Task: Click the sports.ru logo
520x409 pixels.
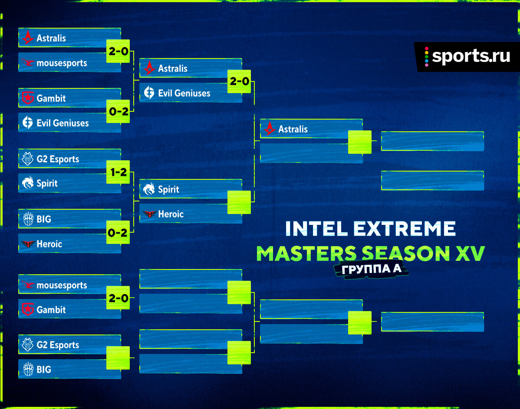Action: (467, 57)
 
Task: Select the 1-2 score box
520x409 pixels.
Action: (118, 172)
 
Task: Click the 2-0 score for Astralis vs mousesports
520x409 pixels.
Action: (118, 51)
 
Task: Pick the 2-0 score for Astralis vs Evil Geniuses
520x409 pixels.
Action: (239, 81)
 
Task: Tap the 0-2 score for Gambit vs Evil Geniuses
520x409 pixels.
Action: (118, 111)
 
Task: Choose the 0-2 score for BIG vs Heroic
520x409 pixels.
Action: (118, 232)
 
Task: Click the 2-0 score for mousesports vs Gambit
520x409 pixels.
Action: (118, 298)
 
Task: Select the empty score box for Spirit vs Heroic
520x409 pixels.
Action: (239, 202)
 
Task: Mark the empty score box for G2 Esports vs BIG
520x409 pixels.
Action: (118, 358)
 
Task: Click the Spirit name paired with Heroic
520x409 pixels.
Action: (168, 190)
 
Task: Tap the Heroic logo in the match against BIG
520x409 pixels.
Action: (28, 244)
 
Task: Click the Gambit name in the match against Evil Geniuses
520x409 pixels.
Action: (51, 98)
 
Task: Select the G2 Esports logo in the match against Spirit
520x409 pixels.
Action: (27, 159)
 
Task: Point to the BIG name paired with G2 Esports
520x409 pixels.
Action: (44, 369)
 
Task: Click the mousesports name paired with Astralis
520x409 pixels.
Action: (62, 63)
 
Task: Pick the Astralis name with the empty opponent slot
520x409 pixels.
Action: (293, 129)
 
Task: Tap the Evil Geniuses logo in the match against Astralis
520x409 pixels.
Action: (149, 93)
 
